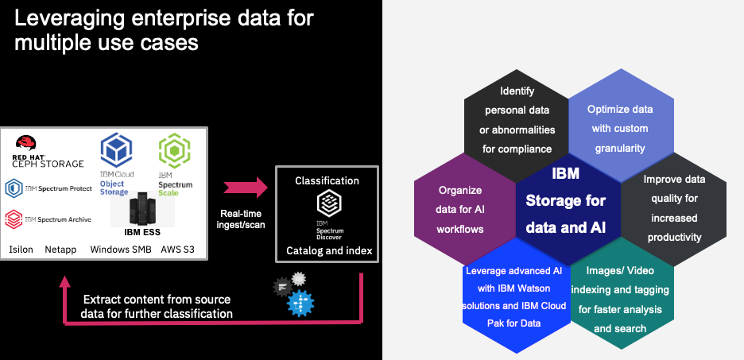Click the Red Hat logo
[x=27, y=145]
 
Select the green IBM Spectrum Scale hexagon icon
[x=175, y=151]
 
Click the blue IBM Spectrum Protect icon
[x=14, y=188]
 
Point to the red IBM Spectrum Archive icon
[x=14, y=219]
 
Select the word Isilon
[x=21, y=250]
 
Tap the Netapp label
[x=61, y=250]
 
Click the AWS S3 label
[x=177, y=250]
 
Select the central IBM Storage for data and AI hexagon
[x=564, y=208]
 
